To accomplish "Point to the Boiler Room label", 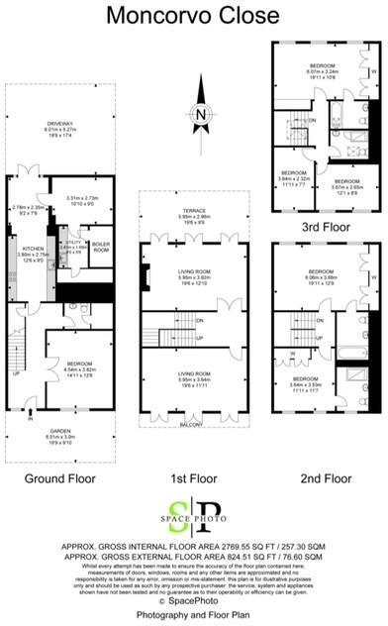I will [x=101, y=247].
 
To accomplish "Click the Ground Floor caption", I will [x=60, y=479].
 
